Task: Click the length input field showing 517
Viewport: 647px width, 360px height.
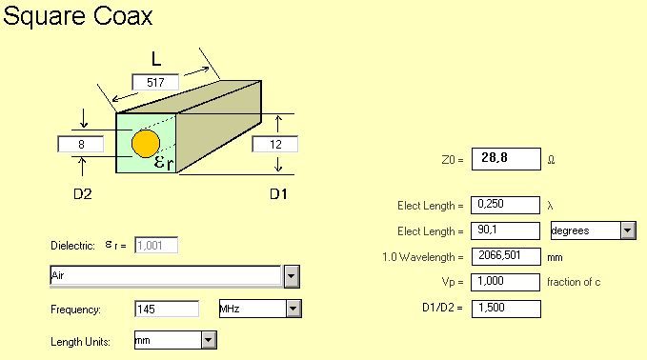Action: pos(155,82)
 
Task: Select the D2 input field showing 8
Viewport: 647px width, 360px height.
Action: pos(81,145)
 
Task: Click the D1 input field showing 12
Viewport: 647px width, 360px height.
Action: pos(274,145)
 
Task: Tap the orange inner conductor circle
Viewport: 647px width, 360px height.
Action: pos(146,144)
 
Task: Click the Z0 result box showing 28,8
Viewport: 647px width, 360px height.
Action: pos(506,159)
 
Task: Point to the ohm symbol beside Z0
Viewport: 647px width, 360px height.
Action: pos(552,160)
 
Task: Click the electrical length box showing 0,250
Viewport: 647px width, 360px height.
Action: pos(505,205)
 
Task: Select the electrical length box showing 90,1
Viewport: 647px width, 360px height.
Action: pos(505,230)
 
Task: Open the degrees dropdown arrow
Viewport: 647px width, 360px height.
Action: pos(628,230)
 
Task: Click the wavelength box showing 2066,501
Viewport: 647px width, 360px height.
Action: pos(505,256)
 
